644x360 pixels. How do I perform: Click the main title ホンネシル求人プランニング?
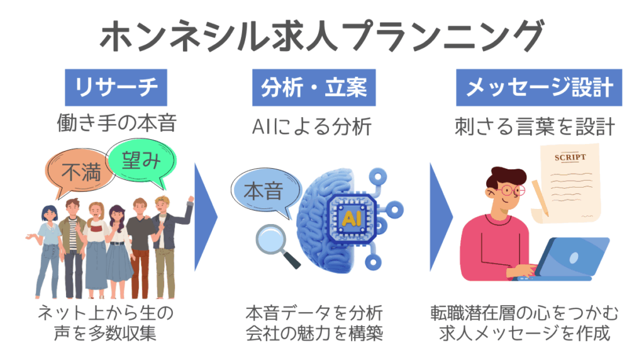coord(321,36)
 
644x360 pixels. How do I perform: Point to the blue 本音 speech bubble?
coord(262,190)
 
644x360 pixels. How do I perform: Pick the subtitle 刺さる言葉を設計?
coord(534,127)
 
